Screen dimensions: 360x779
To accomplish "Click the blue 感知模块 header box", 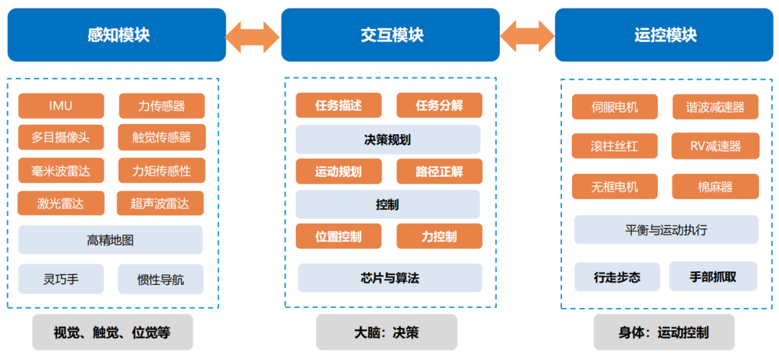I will tap(118, 35).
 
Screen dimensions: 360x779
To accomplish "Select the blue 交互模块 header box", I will tap(390, 35).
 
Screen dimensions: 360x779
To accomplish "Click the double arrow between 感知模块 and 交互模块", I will tap(252, 35).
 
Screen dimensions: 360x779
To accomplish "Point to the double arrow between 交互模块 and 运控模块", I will tap(527, 35).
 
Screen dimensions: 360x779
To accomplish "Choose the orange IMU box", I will tap(61, 106).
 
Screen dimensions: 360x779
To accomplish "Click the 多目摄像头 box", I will tap(61, 137).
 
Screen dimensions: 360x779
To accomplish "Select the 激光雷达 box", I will tap(61, 203).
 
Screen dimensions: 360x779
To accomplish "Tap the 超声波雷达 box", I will tap(160, 203).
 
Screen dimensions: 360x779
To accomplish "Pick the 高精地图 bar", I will tap(110, 240).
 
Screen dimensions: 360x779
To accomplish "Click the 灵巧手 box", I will tap(61, 278).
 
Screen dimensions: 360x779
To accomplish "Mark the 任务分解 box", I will tap(439, 105).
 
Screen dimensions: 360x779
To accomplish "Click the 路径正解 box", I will tap(439, 172).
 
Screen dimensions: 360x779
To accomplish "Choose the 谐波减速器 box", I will tap(715, 107).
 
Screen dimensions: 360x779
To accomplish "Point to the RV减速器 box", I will tap(715, 146).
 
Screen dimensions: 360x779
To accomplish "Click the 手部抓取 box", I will tap(713, 276).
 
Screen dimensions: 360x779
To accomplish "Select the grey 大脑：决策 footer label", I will tap(387, 333).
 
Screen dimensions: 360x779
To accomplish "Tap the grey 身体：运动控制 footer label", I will tap(663, 333).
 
